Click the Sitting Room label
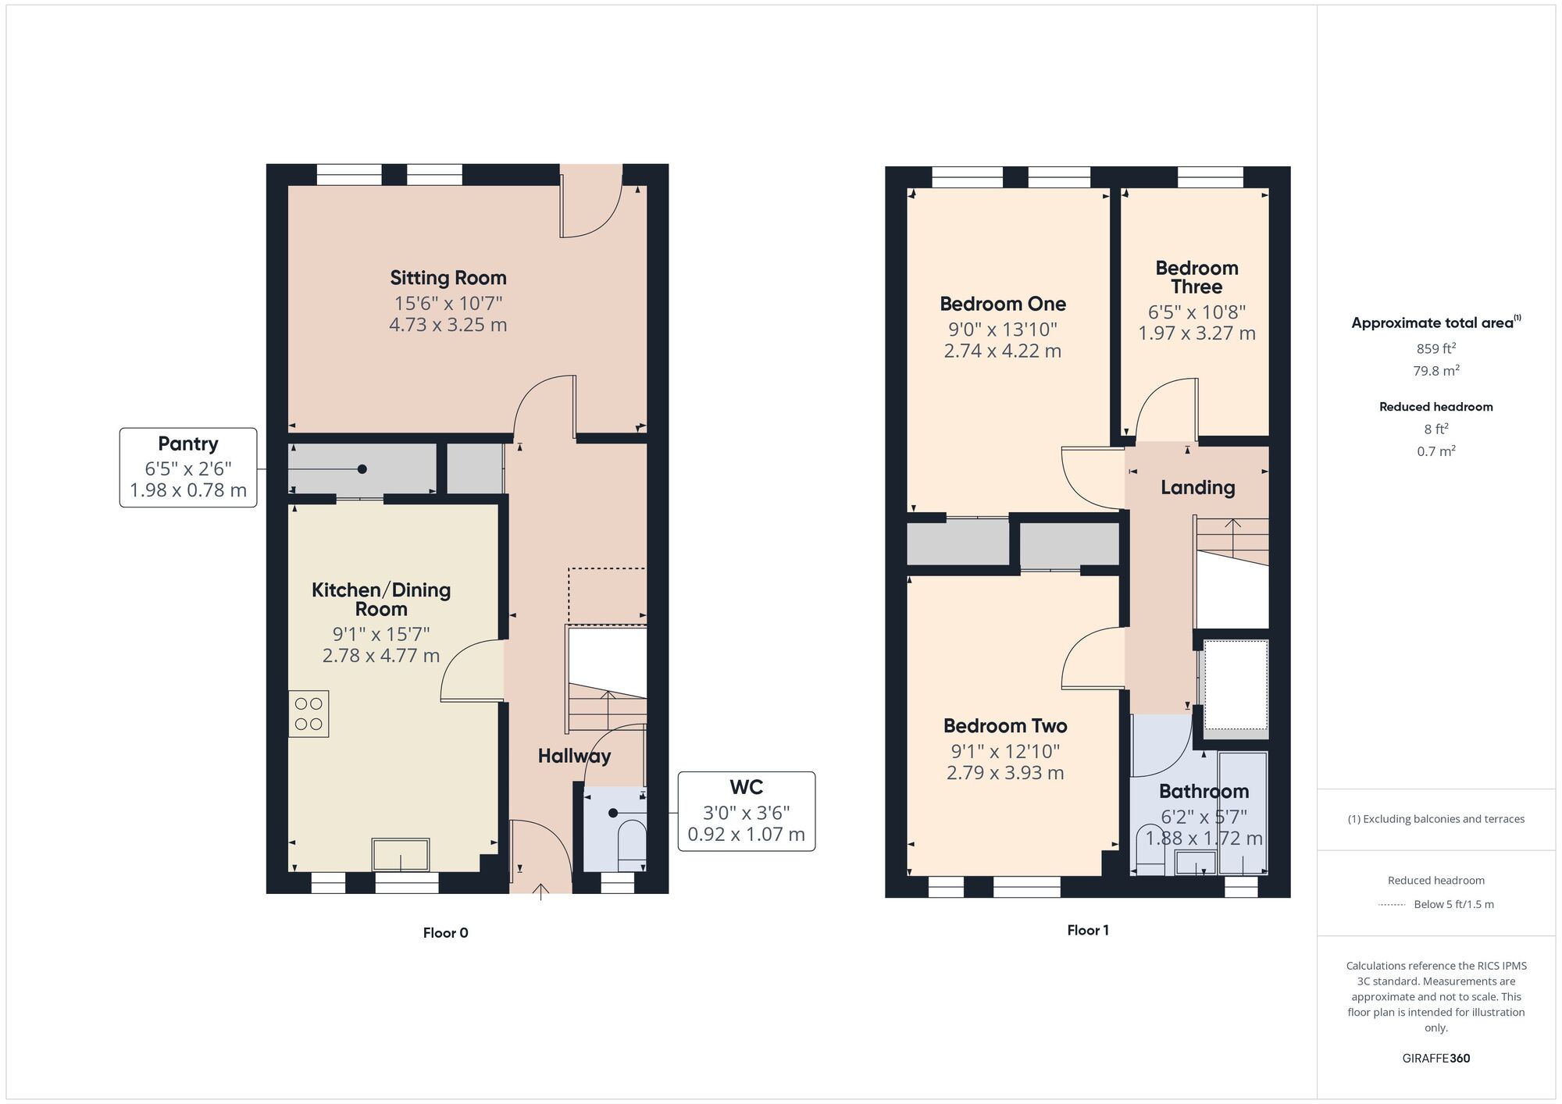pos(448,278)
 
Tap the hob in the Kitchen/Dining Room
pos(308,714)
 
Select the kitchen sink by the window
pos(401,855)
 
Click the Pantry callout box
pos(188,468)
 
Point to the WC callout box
pos(747,811)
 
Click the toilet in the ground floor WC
pos(632,846)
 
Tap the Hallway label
pos(574,756)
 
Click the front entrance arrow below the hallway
pos(542,892)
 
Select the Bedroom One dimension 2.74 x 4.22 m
pos(1003,351)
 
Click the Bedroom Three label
pos(1196,277)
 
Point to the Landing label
pos(1198,488)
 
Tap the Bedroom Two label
pos(1005,726)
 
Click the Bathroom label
pos(1204,792)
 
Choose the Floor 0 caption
pos(446,933)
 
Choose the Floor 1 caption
pos(1088,931)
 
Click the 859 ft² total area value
pos(1436,349)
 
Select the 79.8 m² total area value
pos(1436,371)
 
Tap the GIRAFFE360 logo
pos(1436,1059)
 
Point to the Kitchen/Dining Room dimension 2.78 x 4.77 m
pos(381,656)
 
